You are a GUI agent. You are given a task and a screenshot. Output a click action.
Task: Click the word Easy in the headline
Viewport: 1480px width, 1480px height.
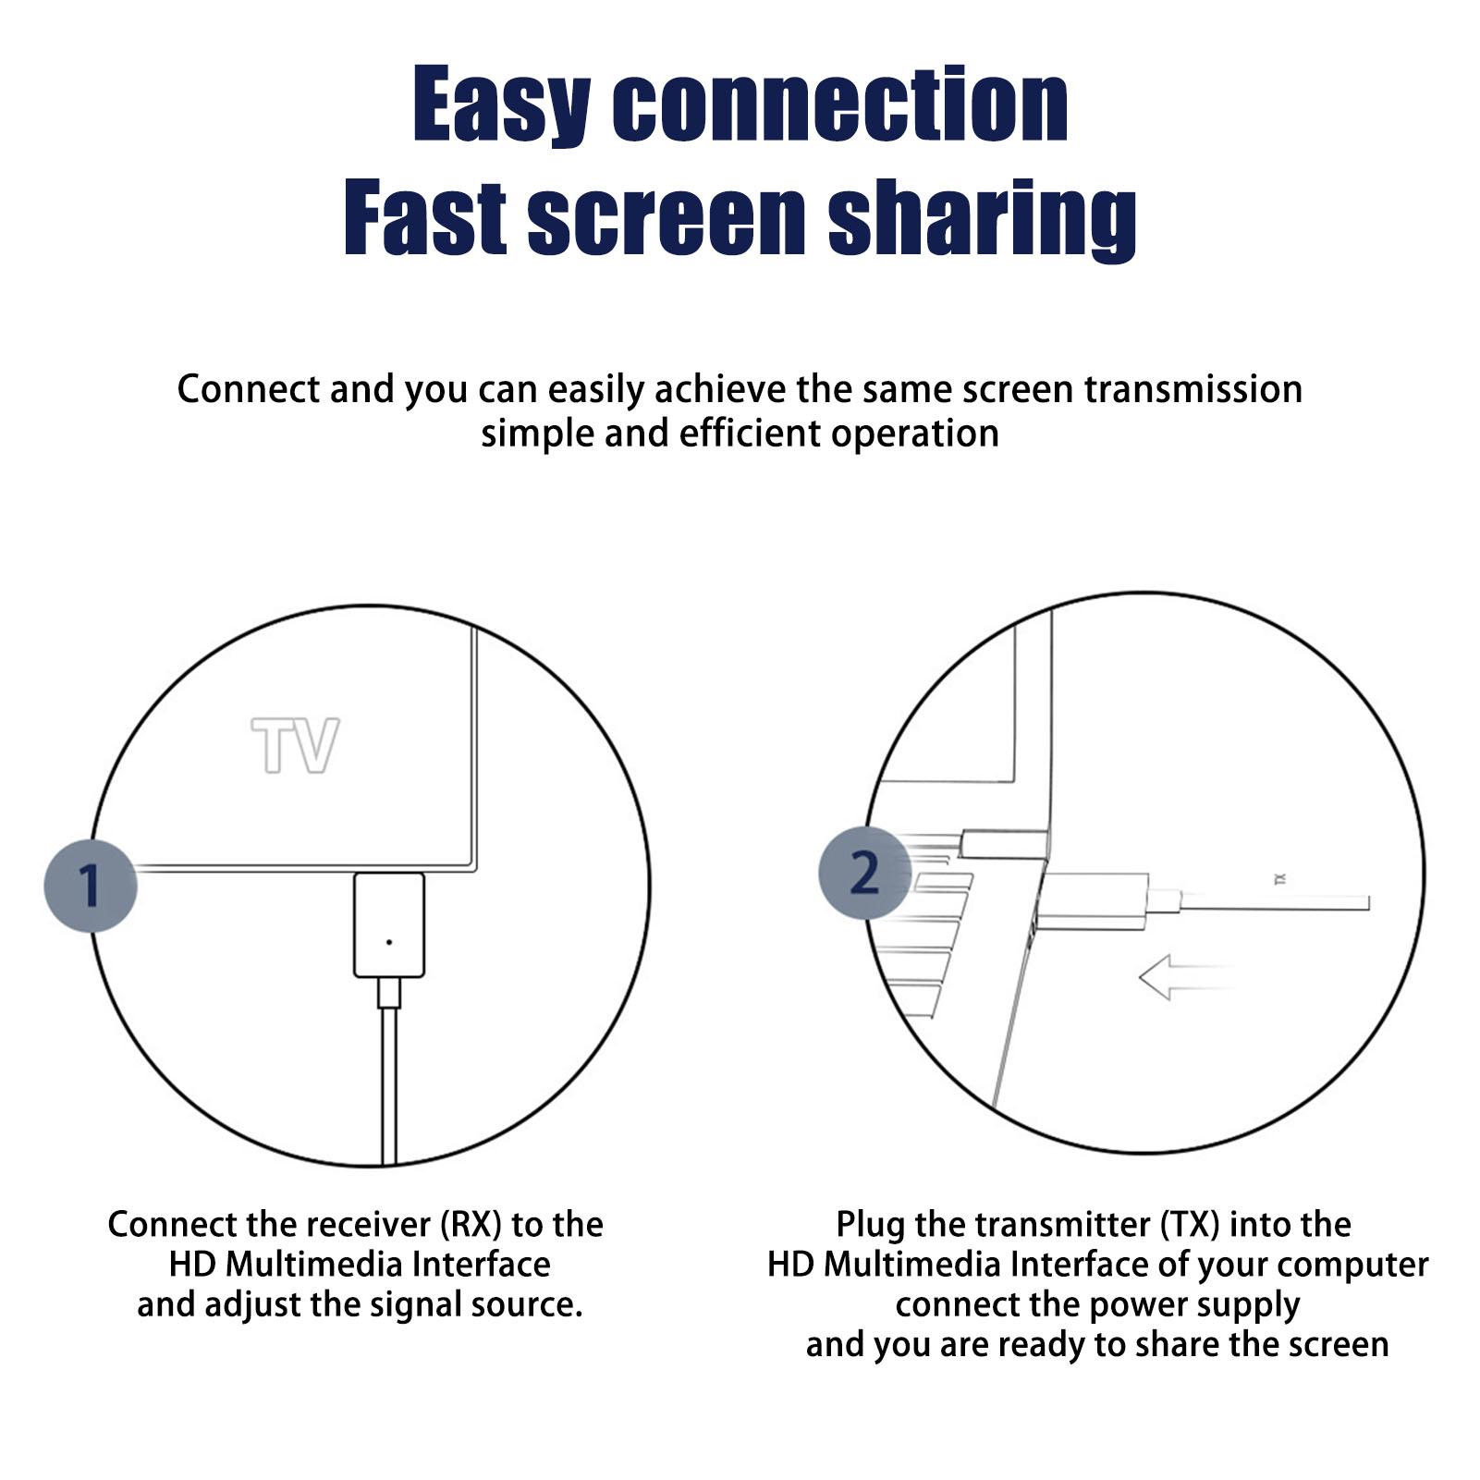click(501, 104)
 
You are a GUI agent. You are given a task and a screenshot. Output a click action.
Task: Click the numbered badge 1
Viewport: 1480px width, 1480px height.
click(91, 886)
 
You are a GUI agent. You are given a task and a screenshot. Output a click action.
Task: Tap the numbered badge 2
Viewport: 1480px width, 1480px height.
click(865, 873)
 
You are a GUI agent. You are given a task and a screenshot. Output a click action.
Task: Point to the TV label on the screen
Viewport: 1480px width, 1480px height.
click(296, 745)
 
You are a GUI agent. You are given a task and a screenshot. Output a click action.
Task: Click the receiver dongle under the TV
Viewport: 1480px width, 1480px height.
click(389, 925)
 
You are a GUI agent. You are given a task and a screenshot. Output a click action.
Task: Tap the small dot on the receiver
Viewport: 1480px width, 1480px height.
click(389, 942)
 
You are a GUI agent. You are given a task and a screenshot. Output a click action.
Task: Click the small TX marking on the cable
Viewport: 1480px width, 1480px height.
click(1280, 880)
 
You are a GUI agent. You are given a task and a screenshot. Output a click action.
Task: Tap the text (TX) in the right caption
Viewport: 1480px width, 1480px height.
click(1190, 1225)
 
